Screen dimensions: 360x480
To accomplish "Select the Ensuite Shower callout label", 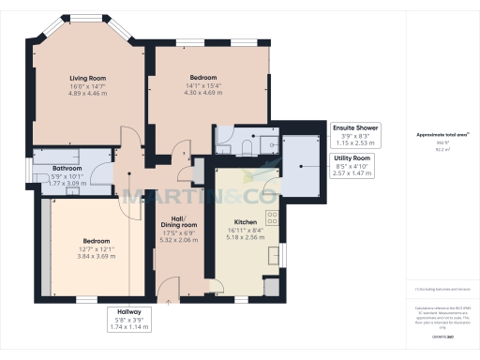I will pos(355,127).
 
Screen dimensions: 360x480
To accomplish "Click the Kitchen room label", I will pos(245,222).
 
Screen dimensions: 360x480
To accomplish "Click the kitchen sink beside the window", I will pos(272,253).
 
